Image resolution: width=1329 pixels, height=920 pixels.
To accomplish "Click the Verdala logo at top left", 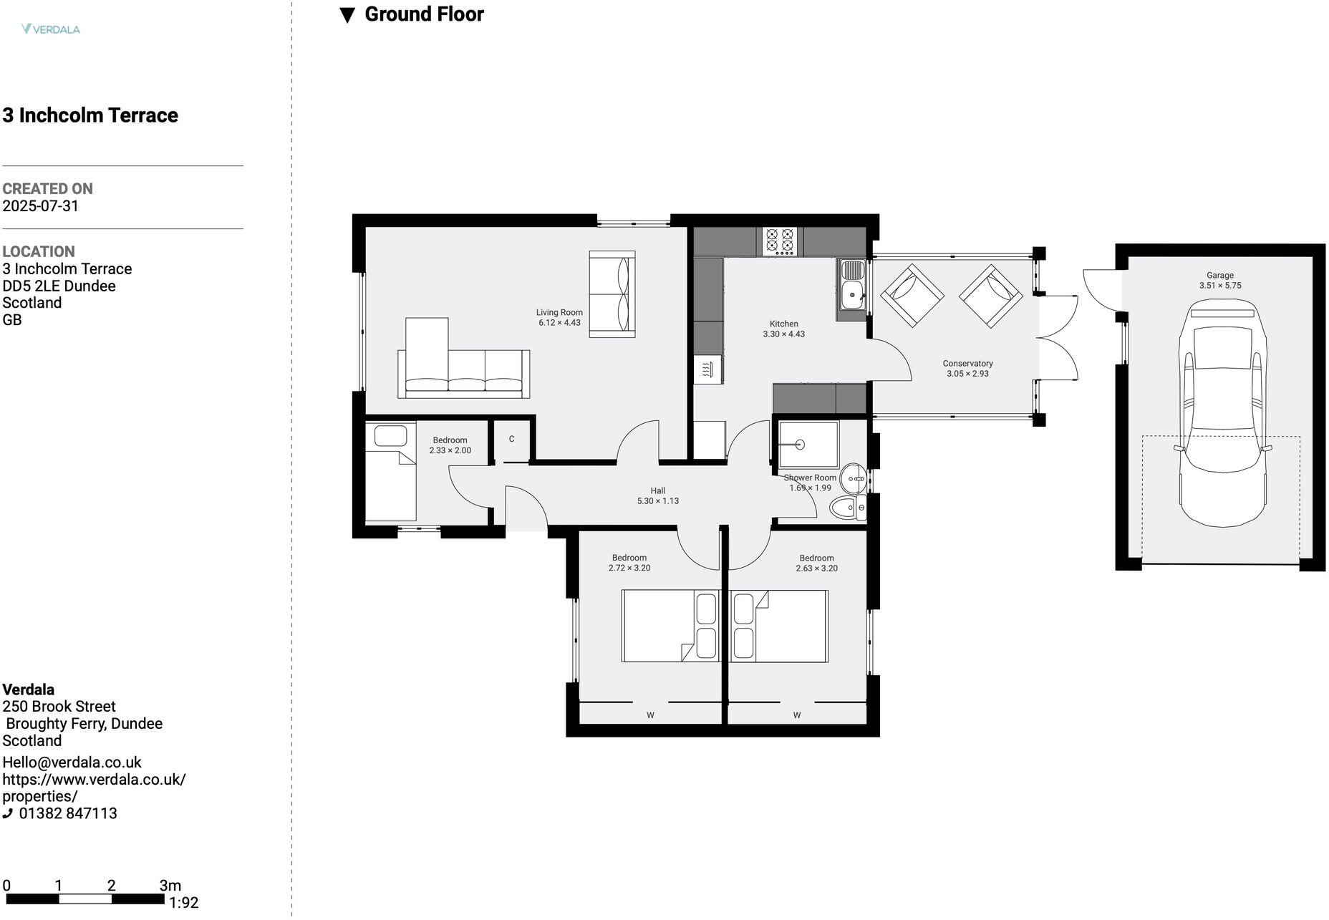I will point(50,29).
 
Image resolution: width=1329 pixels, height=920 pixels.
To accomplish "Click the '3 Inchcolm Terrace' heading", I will point(90,115).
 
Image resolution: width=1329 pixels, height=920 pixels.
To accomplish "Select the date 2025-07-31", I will point(40,206).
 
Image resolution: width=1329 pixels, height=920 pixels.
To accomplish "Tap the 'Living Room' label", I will point(559,312).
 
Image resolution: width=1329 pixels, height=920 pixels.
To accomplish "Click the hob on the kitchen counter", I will point(779,241).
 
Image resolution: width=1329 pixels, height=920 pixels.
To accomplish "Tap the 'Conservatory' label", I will point(967,364).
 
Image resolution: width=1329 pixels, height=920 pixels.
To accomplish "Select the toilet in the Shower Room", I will point(848,508).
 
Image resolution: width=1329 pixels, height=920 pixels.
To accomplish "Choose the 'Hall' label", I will point(657,491).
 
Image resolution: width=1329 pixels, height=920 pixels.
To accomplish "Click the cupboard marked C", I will point(511,440).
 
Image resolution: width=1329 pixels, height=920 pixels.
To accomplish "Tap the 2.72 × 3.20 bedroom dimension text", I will point(629,568).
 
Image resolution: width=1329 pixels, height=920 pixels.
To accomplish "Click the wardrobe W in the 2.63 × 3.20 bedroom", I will point(796,715).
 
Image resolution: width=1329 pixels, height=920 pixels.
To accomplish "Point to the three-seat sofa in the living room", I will point(464,373).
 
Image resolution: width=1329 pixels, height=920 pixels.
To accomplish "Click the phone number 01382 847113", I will point(68,814).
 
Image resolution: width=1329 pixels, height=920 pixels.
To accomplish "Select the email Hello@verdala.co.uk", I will point(72,762).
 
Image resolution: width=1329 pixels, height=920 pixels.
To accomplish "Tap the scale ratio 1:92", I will point(184,904).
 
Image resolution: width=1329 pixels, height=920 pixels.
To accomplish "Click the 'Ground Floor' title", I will point(424,14).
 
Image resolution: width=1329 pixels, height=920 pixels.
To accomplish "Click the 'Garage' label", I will point(1219,275).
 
